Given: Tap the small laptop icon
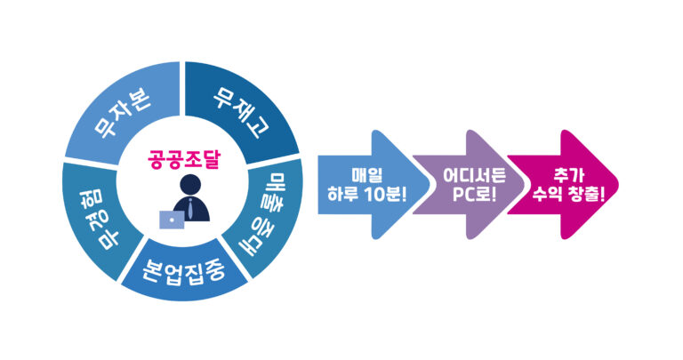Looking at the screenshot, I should tap(170, 219).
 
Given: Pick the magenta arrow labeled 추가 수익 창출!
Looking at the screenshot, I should tap(566, 184).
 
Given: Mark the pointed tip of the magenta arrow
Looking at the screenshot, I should tap(615, 185).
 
